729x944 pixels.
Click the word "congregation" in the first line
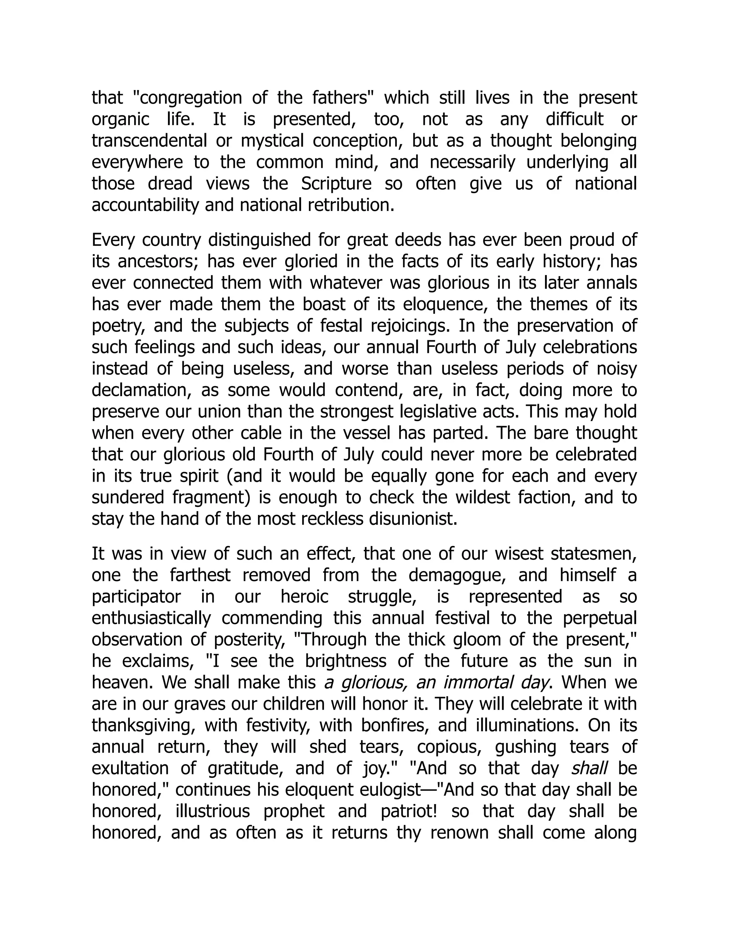point(191,98)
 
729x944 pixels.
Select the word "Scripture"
point(336,184)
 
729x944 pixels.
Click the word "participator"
point(136,597)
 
